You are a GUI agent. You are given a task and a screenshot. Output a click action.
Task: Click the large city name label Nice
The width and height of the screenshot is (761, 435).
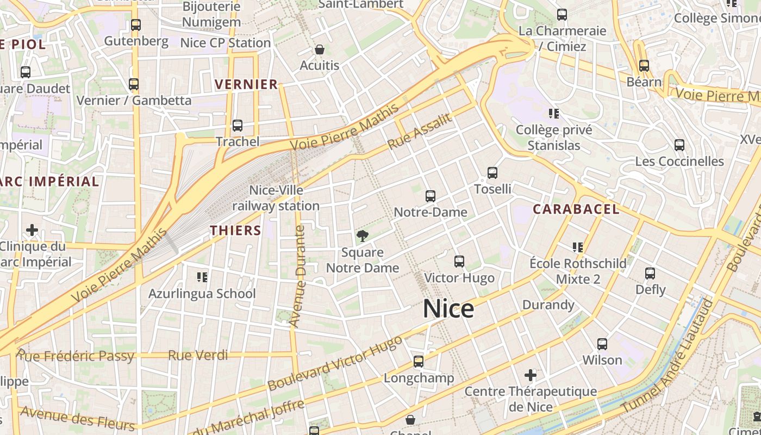pos(448,309)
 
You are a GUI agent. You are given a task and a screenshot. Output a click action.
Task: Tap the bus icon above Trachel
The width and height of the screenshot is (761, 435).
pos(238,126)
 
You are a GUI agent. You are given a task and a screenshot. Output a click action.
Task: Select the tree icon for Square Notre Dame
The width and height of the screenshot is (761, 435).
pos(362,236)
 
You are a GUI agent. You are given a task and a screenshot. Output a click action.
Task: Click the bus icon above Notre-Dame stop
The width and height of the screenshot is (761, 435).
pos(431,196)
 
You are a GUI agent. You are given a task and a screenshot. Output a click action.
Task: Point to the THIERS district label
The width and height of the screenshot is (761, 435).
pos(236,231)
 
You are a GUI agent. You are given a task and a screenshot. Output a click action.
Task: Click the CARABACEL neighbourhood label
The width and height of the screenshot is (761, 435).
pos(576,209)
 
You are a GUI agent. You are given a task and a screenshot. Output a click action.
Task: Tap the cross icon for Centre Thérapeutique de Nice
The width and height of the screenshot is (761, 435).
pos(531,375)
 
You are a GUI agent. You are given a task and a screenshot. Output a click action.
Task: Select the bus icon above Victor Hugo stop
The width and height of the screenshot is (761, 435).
pos(459,262)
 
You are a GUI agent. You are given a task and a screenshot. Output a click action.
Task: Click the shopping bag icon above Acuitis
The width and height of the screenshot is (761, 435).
pos(320,49)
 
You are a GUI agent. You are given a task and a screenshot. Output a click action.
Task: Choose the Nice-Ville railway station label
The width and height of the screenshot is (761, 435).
pos(276,198)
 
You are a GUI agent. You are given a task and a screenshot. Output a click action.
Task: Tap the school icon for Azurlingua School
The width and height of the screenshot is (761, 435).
pos(202,278)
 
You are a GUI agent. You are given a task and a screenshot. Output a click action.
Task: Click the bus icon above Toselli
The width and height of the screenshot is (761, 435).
pos(492,173)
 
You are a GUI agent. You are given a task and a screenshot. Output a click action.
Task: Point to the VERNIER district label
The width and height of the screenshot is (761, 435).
pos(246,84)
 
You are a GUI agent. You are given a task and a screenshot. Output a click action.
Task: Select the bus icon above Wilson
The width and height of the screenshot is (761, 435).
pos(602,344)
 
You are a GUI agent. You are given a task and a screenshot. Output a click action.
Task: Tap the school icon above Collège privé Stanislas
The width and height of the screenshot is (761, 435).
pos(554,114)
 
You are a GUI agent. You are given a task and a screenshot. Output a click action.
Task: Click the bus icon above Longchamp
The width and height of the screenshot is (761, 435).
pos(419,362)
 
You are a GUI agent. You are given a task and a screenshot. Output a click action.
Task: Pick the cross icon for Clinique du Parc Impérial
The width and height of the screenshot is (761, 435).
pos(32,230)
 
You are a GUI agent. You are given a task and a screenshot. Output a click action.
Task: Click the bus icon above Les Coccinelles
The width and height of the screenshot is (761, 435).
pos(679,145)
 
